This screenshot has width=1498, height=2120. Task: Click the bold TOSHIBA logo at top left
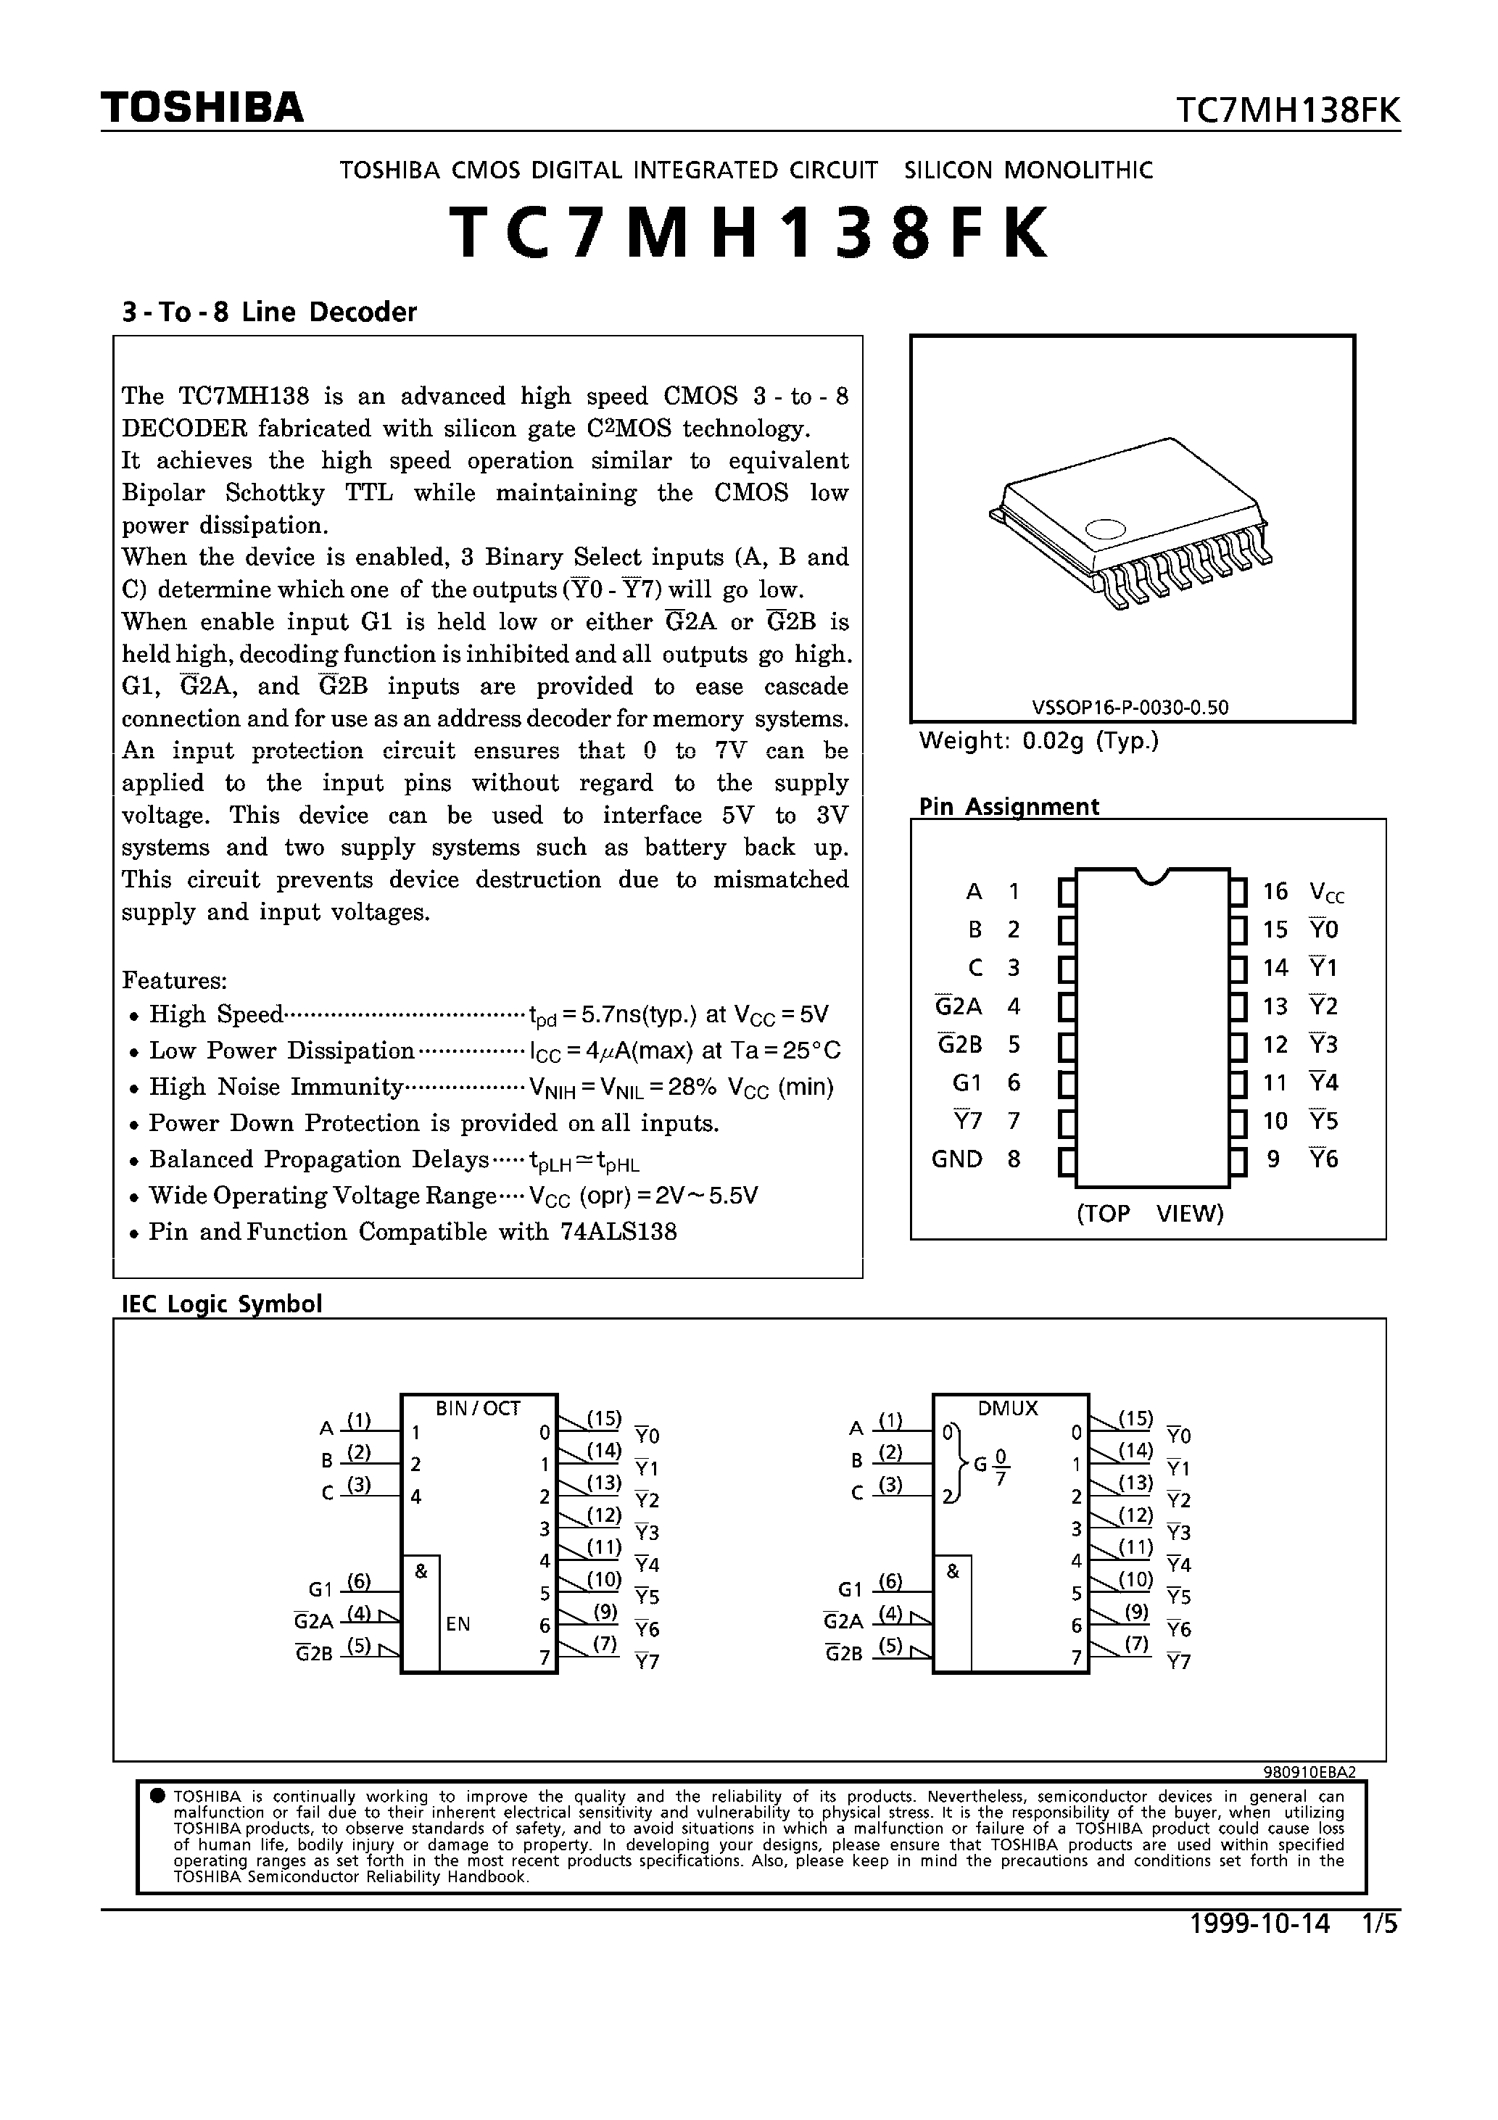click(202, 108)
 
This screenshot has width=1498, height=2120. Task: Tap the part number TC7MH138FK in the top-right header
click(1288, 111)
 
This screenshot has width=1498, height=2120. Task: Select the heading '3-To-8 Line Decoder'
click(269, 312)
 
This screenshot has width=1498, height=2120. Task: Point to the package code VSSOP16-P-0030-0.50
click(1130, 708)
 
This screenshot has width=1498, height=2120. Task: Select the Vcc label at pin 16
click(1326, 892)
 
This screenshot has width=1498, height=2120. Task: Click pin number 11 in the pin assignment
click(1275, 1082)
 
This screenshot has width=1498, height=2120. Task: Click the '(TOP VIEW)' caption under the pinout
click(1149, 1213)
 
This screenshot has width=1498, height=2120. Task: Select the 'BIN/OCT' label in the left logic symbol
click(478, 1408)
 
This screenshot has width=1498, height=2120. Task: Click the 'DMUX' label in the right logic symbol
click(1008, 1408)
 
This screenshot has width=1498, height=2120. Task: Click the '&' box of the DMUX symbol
click(953, 1570)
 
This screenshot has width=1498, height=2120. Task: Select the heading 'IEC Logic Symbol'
click(222, 1304)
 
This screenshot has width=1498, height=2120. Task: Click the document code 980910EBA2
click(1309, 1772)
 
